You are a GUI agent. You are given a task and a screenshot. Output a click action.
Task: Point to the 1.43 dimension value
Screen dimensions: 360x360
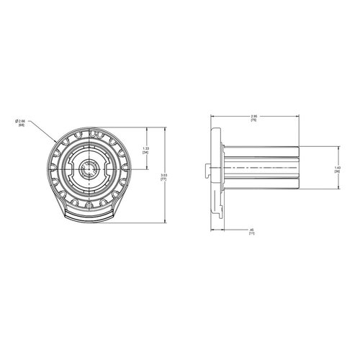337,170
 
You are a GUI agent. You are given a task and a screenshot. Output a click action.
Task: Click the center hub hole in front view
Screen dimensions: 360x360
89,170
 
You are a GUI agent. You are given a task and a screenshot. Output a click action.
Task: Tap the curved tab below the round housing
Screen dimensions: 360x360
89,215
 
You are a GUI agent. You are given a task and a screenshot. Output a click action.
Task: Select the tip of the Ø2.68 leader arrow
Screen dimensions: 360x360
60,138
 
